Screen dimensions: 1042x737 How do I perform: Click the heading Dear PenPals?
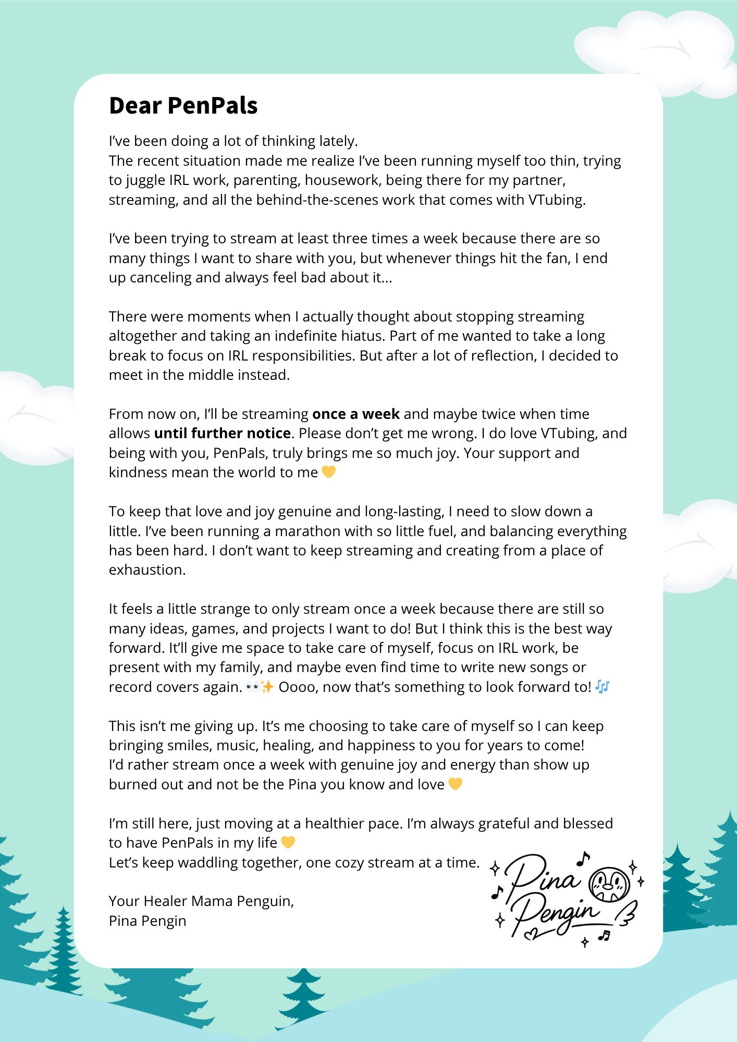click(183, 106)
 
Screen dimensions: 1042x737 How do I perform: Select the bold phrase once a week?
click(355, 414)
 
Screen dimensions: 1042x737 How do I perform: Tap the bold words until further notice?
click(222, 433)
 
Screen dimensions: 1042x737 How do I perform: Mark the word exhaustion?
click(147, 570)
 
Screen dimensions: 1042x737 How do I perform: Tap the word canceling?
click(160, 278)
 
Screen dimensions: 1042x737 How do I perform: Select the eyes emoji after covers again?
click(253, 687)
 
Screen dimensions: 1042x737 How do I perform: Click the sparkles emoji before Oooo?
click(267, 687)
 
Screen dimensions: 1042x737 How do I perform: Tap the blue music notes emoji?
click(602, 687)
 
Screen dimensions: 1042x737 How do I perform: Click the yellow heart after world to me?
click(328, 472)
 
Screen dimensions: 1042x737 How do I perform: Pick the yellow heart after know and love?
click(455, 784)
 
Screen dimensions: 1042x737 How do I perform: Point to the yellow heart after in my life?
click(288, 842)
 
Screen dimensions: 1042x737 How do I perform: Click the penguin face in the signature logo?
click(608, 884)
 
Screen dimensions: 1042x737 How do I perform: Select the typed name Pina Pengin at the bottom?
click(148, 921)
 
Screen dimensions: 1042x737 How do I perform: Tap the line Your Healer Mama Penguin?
click(201, 901)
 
